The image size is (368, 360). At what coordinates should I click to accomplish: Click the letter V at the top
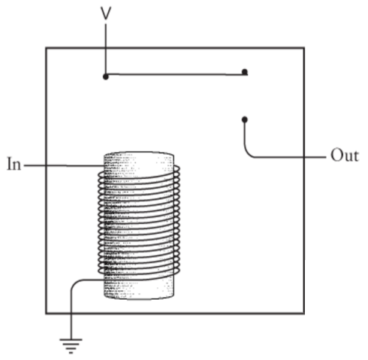[106, 14]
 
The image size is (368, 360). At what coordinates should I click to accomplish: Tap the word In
[14, 164]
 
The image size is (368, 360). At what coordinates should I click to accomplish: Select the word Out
[345, 156]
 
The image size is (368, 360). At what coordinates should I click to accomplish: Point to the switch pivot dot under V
[106, 77]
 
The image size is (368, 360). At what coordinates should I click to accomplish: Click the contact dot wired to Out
[245, 119]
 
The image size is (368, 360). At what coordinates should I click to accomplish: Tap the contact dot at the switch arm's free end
[245, 72]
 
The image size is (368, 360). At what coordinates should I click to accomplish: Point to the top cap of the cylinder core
[139, 154]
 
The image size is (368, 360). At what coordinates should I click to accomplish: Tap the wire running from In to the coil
[64, 165]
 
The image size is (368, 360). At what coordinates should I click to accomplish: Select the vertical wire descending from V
[106, 50]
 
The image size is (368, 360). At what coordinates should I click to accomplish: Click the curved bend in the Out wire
[247, 152]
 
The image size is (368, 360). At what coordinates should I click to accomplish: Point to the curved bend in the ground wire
[74, 283]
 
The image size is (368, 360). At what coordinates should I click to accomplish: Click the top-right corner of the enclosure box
[304, 47]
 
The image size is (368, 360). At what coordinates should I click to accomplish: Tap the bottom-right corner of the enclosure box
[304, 313]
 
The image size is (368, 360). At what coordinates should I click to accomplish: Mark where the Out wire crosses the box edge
[304, 157]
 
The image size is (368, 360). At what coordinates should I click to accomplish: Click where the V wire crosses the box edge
[106, 47]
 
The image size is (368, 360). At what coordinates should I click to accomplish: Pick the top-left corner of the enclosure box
[46, 47]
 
